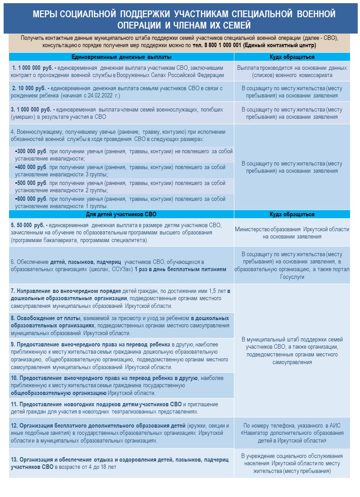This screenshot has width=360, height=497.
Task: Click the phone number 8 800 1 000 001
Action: point(219,46)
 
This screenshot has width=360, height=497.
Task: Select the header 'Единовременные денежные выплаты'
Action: point(122,57)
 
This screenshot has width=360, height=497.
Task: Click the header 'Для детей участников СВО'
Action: point(122,214)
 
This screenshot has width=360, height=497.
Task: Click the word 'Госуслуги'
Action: point(292,277)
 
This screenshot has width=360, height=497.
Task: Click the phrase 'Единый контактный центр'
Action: point(280,46)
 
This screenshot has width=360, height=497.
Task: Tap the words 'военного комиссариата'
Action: point(303,75)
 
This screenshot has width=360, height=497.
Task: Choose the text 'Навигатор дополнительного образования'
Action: point(292,433)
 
